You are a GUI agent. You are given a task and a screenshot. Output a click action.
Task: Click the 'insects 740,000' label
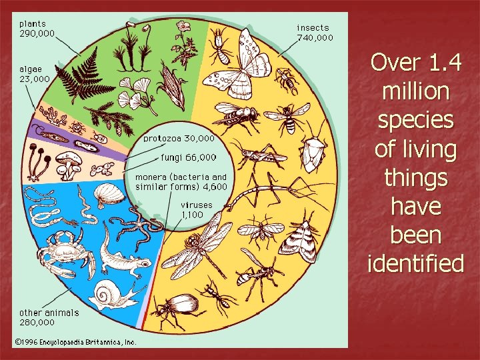click(314, 33)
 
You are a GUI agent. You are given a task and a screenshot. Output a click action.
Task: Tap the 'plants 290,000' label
click(37, 27)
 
